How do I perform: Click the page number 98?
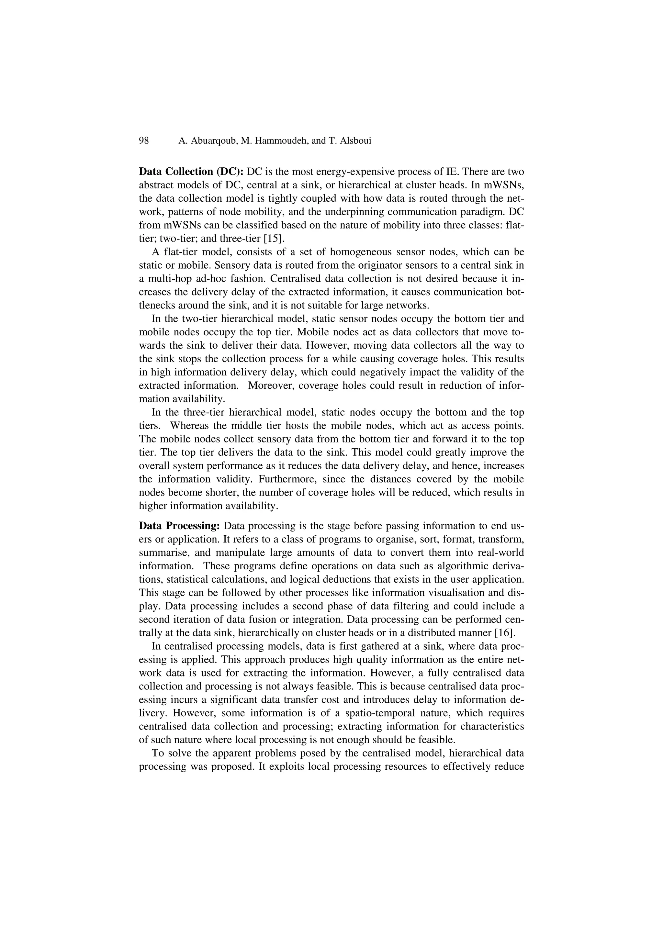tap(144, 141)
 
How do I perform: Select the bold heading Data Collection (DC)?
tap(191, 172)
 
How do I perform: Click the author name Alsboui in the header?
tap(354, 141)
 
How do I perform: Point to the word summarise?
tap(159, 553)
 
